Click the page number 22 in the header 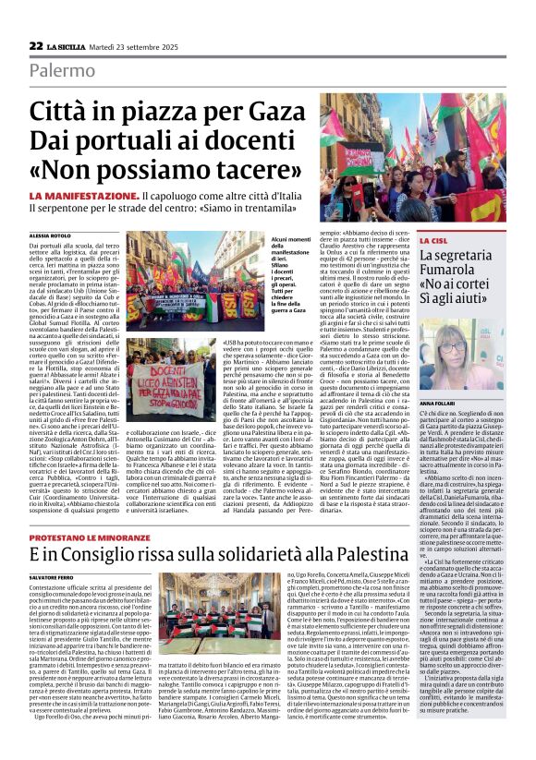(x=36, y=45)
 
